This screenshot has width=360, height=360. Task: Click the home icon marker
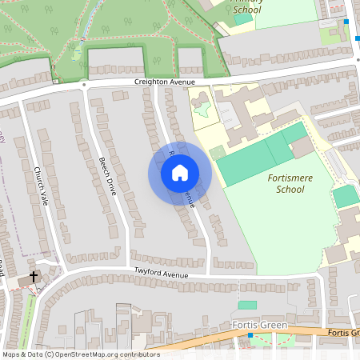(179, 172)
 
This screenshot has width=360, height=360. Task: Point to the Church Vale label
(41, 186)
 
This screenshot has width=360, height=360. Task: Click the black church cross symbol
(34, 277)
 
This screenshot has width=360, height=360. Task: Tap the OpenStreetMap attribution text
(81, 354)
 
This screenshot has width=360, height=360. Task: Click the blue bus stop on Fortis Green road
(250, 335)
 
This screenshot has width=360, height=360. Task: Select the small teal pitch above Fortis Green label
(247, 305)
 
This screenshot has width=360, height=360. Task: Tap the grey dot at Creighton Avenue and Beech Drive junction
(84, 83)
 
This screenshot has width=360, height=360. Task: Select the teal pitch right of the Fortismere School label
(345, 196)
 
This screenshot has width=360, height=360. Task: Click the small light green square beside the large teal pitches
(217, 152)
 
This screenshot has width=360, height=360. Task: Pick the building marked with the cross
(26, 282)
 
